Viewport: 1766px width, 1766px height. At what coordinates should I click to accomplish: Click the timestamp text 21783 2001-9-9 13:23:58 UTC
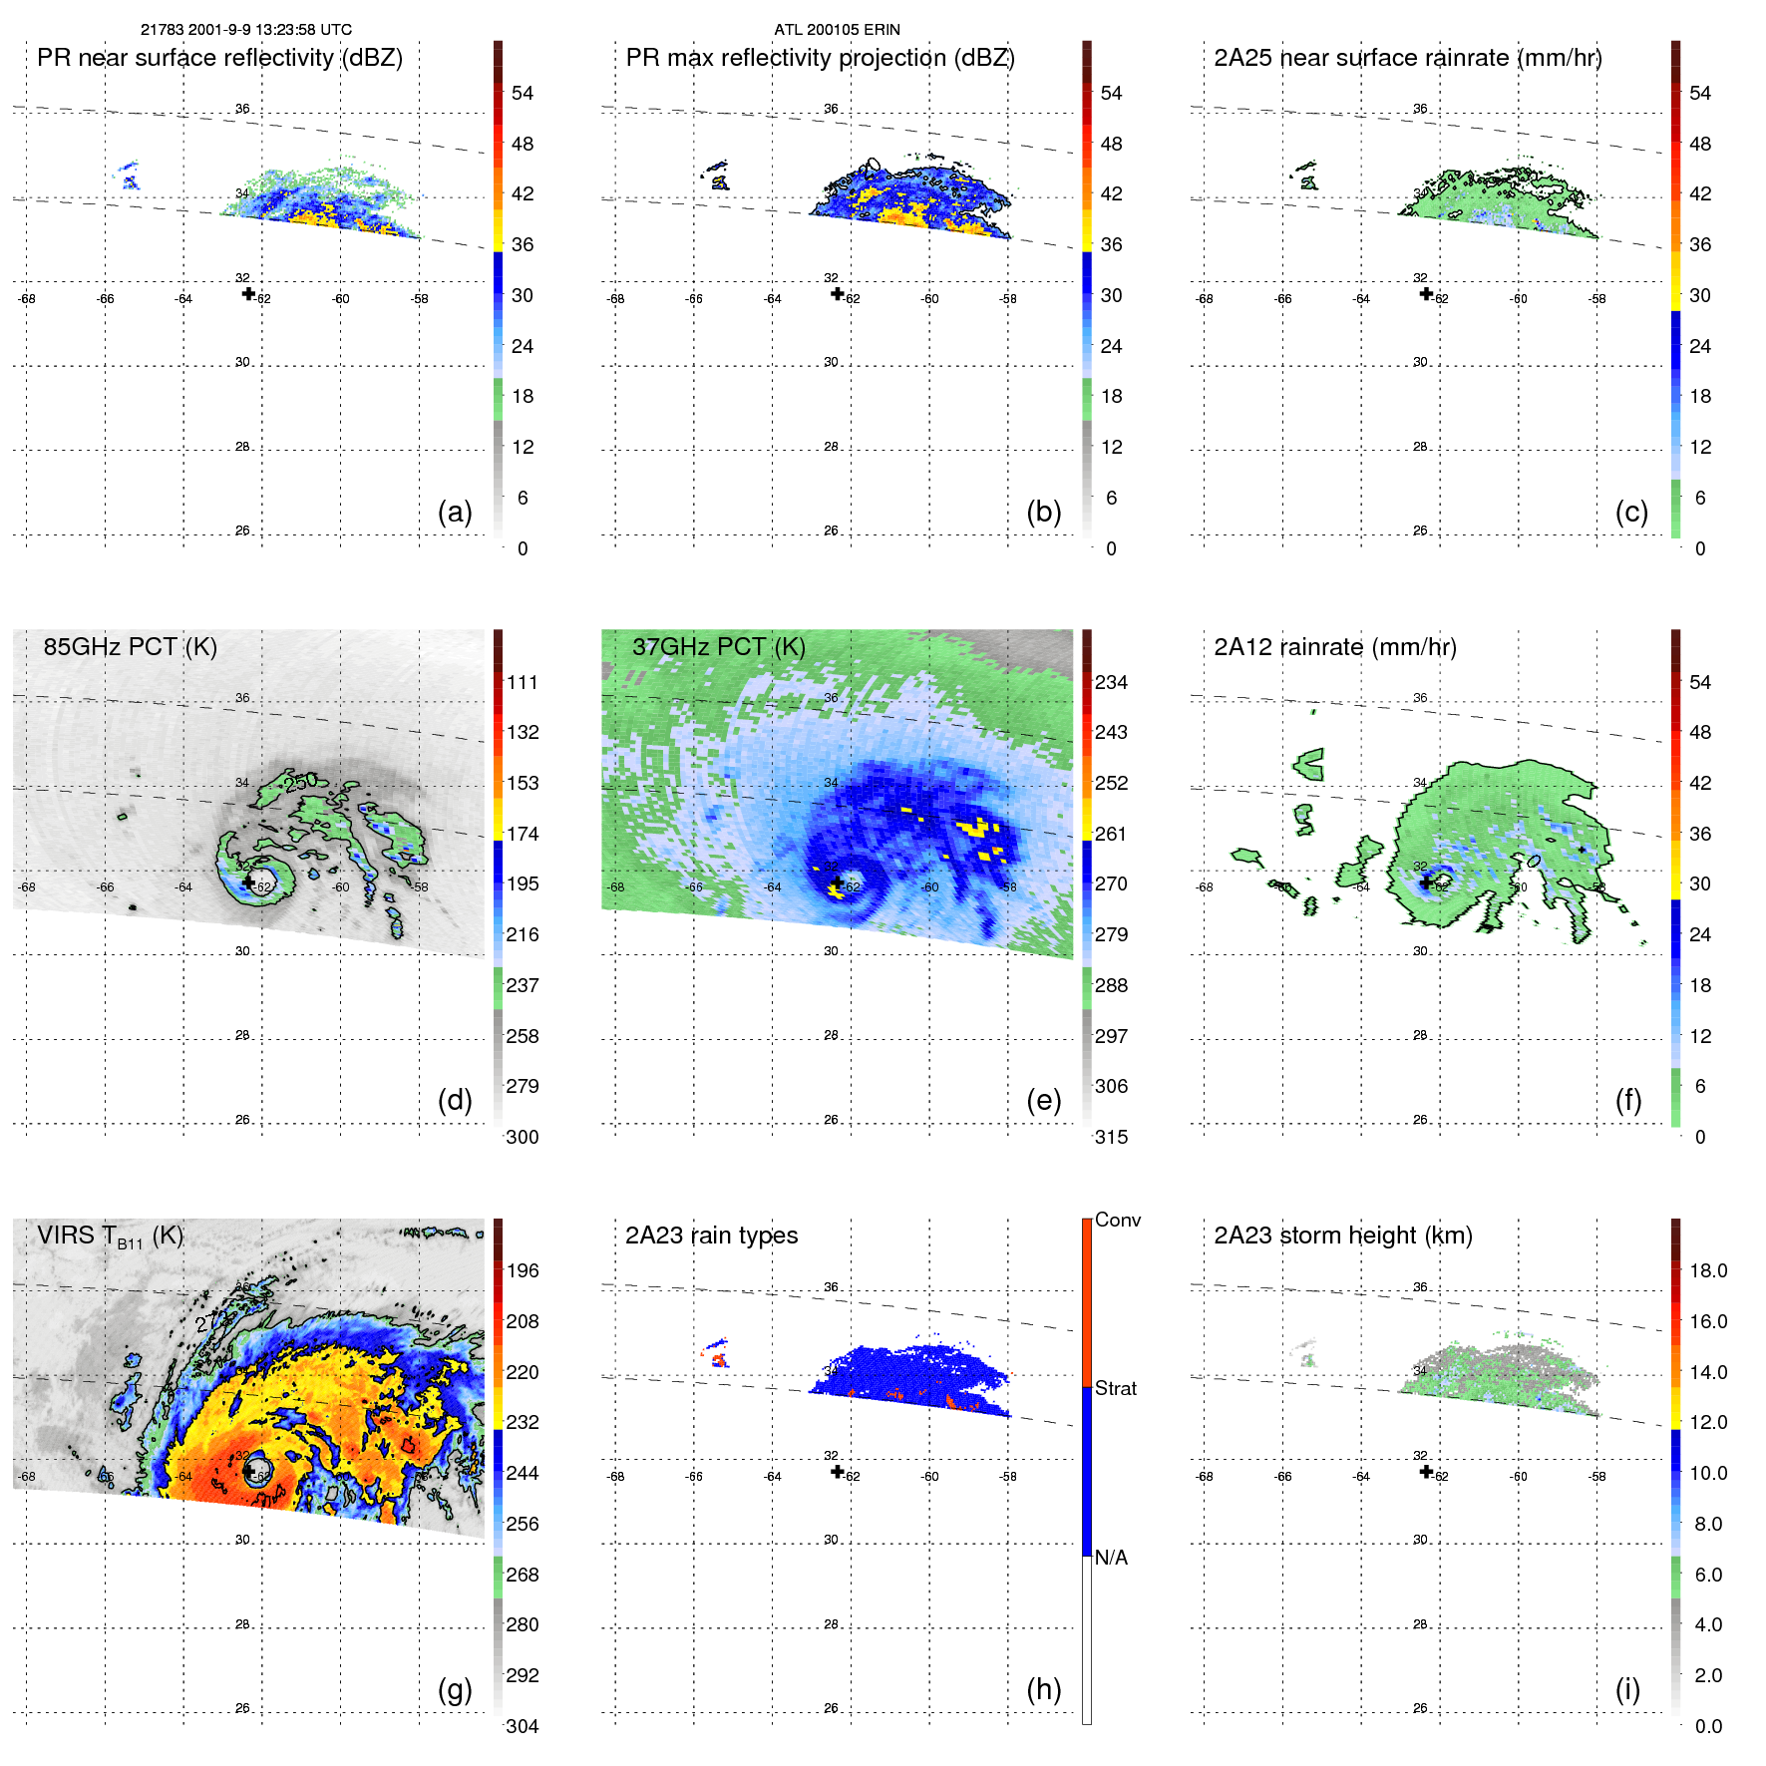pos(245,30)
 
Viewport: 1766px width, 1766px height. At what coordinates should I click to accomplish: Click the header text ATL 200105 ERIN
pos(837,30)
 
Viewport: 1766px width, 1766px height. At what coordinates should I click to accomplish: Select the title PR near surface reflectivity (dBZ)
pos(219,58)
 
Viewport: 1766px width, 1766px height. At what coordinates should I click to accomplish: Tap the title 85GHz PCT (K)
pos(130,647)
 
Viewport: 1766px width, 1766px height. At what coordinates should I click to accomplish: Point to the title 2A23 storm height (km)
pos(1342,1236)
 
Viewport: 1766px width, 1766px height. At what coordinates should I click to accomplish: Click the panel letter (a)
pos(455,513)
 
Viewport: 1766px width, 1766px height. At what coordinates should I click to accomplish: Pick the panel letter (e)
pos(1043,1101)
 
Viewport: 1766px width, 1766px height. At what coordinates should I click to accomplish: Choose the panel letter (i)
pos(1627,1689)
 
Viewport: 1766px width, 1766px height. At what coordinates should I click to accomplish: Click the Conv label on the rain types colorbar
pos(1117,1221)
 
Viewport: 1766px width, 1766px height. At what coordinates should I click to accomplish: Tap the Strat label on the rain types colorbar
pos(1115,1389)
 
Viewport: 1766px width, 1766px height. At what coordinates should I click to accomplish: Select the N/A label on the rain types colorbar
pos(1111,1558)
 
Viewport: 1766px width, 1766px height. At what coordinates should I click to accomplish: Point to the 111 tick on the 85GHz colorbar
pos(522,683)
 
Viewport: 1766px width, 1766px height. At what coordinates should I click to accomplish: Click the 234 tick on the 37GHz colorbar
pos(1111,683)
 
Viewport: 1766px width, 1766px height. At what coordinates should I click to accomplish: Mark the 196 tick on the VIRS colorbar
pos(522,1271)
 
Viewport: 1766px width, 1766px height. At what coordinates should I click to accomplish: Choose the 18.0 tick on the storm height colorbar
pos(1708,1271)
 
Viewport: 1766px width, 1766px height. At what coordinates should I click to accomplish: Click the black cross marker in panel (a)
pos(248,293)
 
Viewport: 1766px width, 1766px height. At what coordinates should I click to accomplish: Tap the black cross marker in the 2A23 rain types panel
pos(838,1472)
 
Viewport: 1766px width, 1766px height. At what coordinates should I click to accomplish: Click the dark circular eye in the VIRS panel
pos(256,1470)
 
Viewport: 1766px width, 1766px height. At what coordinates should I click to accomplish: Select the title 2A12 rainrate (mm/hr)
pos(1334,647)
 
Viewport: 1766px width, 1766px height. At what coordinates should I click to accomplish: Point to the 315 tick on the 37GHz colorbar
pos(1111,1137)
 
